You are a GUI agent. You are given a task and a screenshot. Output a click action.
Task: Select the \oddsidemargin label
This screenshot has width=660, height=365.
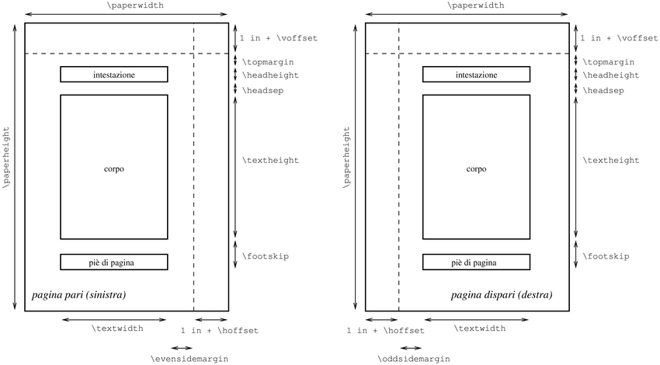pyautogui.click(x=412, y=359)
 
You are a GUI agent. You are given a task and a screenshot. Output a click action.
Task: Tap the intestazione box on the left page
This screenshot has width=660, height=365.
pyautogui.click(x=114, y=75)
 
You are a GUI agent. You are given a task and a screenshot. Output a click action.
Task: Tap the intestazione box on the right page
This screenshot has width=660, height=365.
pyautogui.click(x=476, y=75)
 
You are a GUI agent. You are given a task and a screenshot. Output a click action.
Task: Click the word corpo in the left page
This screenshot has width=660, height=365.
pyautogui.click(x=114, y=169)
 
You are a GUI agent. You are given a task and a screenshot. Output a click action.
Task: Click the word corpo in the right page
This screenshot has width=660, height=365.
pyautogui.click(x=476, y=169)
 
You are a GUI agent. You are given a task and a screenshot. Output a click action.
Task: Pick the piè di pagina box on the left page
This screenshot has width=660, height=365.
pyautogui.click(x=114, y=262)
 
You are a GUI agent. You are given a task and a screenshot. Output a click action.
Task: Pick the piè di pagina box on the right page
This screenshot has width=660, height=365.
pyautogui.click(x=476, y=262)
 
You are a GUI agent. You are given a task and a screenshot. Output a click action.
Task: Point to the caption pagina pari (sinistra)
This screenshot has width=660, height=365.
pyautogui.click(x=78, y=296)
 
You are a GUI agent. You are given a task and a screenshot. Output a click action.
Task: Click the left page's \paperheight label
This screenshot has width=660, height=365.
pyautogui.click(x=7, y=159)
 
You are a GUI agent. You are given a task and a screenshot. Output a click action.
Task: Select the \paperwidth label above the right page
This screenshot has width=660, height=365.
pyautogui.click(x=474, y=5)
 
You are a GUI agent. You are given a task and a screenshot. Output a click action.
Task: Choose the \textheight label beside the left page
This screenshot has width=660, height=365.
pyautogui.click(x=271, y=160)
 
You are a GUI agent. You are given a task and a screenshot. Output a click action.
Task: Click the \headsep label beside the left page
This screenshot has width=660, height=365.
pyautogui.click(x=265, y=91)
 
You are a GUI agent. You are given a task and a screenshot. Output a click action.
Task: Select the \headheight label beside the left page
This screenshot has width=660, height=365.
pyautogui.click(x=271, y=76)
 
